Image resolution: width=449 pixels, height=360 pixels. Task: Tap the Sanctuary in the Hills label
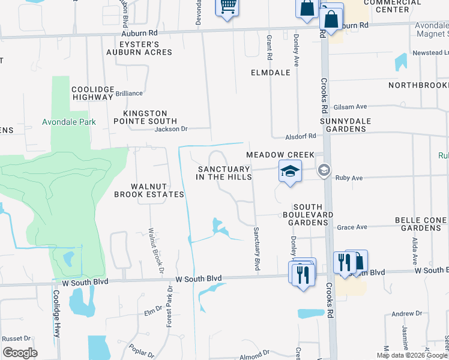(224, 173)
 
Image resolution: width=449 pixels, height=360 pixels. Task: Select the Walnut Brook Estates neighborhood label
(149, 190)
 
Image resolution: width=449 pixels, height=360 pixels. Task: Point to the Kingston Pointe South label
(145, 117)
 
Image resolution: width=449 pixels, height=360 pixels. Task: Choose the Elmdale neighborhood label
(270, 73)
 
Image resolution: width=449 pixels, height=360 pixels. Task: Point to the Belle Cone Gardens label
(421, 224)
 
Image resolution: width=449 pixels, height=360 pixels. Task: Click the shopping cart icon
(227, 7)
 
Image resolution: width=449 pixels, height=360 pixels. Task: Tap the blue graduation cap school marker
(289, 172)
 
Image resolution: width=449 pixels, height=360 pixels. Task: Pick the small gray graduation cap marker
(324, 170)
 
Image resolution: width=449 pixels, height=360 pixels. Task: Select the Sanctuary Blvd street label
(256, 248)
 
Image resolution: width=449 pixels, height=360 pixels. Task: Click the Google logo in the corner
(20, 353)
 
